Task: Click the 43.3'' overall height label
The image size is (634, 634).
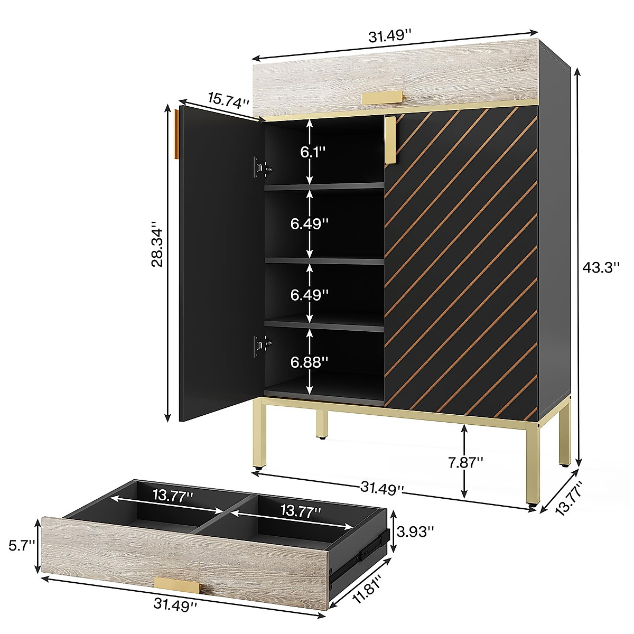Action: point(601,267)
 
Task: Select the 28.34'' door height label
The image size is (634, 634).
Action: point(157,243)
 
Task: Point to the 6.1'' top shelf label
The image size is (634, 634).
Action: point(313,152)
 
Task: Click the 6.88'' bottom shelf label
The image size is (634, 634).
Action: point(309,362)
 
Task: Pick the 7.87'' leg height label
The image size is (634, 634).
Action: point(465,463)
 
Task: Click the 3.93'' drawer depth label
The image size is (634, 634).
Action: point(415,532)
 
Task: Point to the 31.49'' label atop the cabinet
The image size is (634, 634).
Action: point(390,36)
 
